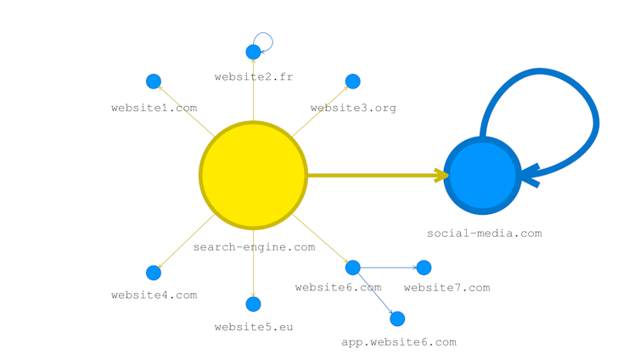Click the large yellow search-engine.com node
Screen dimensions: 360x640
click(x=253, y=175)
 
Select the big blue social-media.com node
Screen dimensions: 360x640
click(x=482, y=175)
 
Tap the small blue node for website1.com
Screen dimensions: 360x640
click(x=154, y=82)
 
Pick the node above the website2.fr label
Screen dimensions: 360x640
click(x=253, y=53)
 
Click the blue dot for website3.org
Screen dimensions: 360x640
click(x=353, y=82)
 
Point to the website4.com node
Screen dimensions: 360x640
click(x=154, y=273)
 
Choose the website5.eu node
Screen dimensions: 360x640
click(x=253, y=304)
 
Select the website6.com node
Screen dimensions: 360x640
click(x=353, y=267)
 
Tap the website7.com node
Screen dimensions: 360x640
click(x=424, y=267)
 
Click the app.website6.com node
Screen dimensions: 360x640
click(x=396, y=318)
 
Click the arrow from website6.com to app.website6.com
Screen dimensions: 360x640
click(x=374, y=293)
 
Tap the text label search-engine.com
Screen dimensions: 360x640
click(x=254, y=247)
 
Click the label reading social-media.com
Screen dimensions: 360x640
click(x=484, y=233)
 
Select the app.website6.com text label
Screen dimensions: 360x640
click(x=398, y=342)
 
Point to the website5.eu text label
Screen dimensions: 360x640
click(x=253, y=326)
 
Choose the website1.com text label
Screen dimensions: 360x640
click(x=154, y=108)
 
